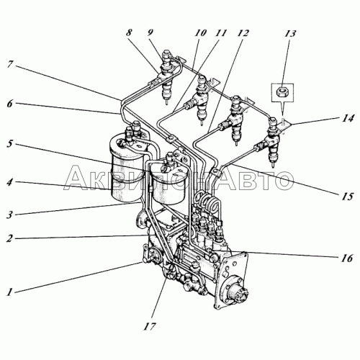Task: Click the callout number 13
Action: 289,34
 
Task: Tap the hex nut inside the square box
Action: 282,92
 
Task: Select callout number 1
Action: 9,292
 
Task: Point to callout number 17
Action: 149,327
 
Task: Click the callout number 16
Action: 346,258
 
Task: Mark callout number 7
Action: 9,65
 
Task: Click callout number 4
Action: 9,183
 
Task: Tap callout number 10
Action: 201,33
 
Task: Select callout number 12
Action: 243,33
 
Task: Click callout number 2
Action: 9,239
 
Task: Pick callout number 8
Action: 129,33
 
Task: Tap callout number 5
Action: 9,145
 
